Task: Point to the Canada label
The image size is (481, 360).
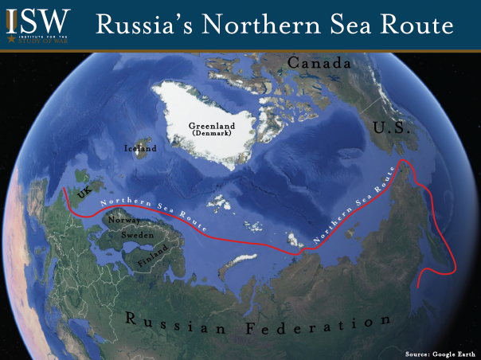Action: (x=319, y=62)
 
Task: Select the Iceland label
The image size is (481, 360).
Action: (x=141, y=148)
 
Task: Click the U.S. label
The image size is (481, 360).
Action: (x=391, y=127)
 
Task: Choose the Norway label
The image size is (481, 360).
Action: (x=123, y=221)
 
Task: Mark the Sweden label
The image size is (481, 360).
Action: (x=137, y=237)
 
